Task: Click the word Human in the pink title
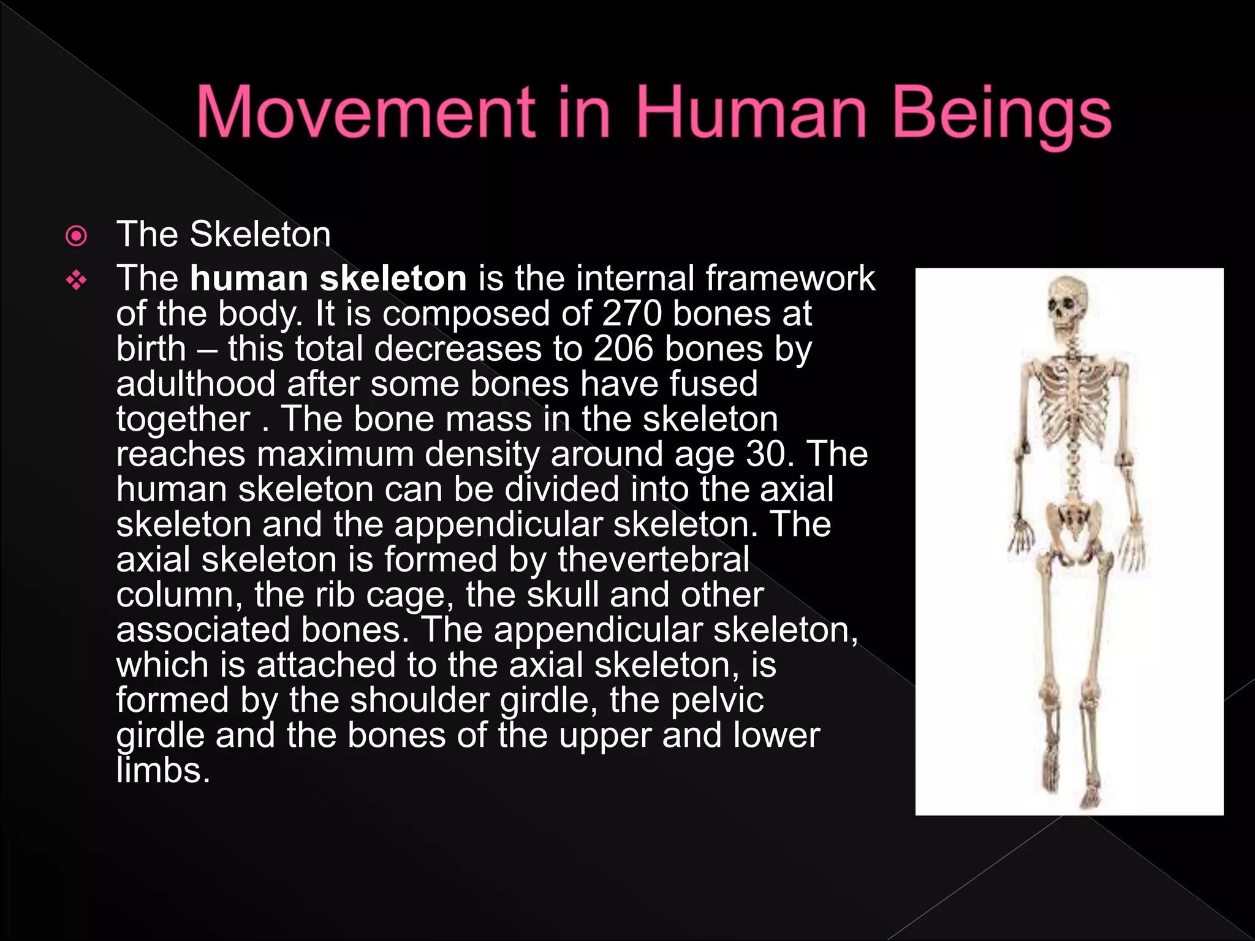click(x=751, y=113)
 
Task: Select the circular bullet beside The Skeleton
click(x=76, y=236)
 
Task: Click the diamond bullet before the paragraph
click(x=77, y=281)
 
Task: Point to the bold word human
click(x=249, y=279)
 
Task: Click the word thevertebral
click(x=653, y=560)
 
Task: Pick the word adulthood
click(x=196, y=384)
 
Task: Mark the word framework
click(x=790, y=279)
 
